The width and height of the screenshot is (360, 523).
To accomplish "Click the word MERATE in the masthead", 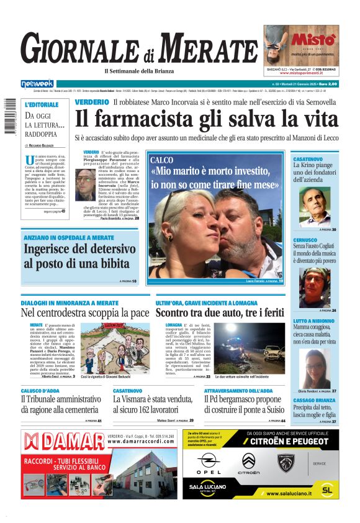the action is pyautogui.click(x=211, y=48).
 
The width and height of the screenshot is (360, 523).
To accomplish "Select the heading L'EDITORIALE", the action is pyautogui.click(x=42, y=104).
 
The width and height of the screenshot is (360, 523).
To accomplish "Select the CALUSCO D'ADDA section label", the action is pyautogui.click(x=40, y=390).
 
